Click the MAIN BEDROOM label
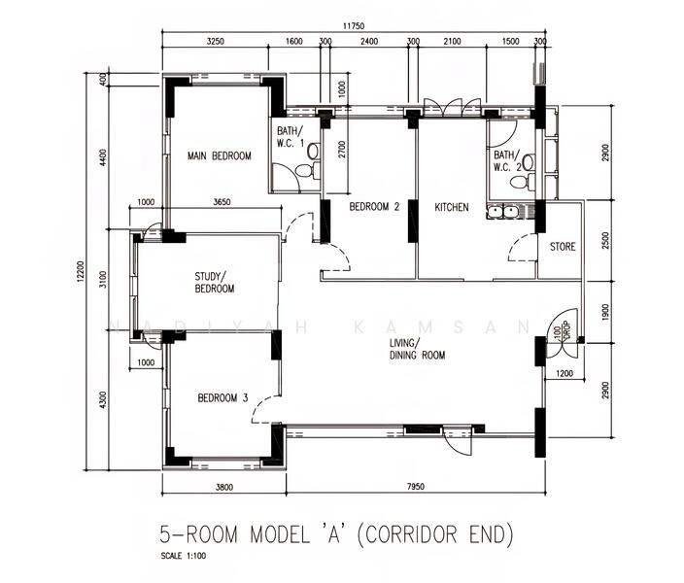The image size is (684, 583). coord(220,156)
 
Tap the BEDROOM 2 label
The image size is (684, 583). coord(374,207)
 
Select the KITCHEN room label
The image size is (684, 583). coord(452,207)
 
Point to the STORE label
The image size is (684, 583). coord(563,247)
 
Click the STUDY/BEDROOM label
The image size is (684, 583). coord(214,282)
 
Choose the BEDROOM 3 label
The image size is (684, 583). coord(222,397)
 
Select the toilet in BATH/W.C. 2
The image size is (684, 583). coord(527,162)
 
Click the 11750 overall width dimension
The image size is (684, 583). coord(353,26)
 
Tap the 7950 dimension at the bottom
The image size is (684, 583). coord(414,488)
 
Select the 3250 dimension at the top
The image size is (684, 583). coord(217,42)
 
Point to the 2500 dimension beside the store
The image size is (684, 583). coord(605,239)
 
